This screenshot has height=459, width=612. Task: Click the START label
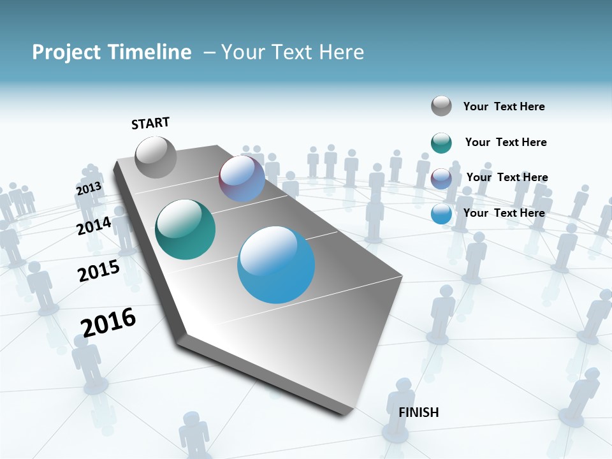(x=150, y=123)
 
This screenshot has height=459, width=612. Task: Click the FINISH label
(x=418, y=412)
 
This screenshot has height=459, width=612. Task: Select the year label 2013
(x=89, y=189)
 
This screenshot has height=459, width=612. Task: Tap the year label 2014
(x=94, y=226)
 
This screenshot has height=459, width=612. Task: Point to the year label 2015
(x=98, y=271)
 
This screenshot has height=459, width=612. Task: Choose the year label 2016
(x=108, y=322)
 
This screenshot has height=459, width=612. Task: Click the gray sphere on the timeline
(x=156, y=157)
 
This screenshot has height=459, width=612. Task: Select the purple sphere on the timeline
(x=242, y=178)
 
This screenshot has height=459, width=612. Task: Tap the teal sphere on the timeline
(x=185, y=229)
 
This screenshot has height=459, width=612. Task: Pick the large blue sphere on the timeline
(x=276, y=265)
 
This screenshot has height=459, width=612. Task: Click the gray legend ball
(x=441, y=106)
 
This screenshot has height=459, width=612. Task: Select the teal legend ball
(x=441, y=143)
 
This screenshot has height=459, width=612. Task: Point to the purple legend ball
(x=441, y=178)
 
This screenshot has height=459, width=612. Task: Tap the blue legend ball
(x=441, y=214)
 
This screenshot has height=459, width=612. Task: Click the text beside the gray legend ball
(x=504, y=106)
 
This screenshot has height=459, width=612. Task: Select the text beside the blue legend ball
(x=504, y=213)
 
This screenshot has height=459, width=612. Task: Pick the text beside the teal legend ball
(x=506, y=142)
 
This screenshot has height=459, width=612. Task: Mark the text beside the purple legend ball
(x=507, y=177)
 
